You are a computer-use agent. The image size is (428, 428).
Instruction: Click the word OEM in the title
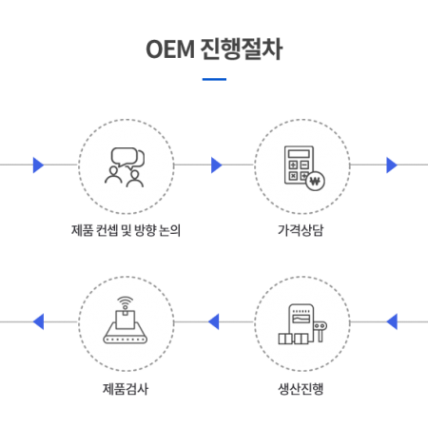coord(170,49)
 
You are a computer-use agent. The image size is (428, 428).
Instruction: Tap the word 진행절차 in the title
coord(241,49)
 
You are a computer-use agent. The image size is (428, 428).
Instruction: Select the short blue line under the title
coord(214,79)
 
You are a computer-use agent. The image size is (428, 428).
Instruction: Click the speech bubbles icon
coord(127,158)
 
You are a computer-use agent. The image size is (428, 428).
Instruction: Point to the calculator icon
coord(300,165)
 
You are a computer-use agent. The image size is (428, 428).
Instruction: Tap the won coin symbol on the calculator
coord(315,181)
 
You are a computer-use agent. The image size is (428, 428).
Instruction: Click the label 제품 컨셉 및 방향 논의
coord(126,230)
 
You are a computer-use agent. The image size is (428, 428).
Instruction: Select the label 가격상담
coord(301,230)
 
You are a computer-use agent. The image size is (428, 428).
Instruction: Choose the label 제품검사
coord(126,389)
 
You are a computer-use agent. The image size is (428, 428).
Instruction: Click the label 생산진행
coord(301,389)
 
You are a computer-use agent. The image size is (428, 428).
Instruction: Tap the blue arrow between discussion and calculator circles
coord(217,165)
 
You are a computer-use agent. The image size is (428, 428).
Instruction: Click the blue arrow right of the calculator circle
coord(392,165)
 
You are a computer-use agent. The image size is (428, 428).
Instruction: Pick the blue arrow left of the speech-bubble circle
coord(38,165)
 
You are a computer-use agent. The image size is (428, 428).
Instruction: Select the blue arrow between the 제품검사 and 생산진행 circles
coord(214,321)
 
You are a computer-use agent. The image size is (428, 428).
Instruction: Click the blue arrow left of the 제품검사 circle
coord(38,321)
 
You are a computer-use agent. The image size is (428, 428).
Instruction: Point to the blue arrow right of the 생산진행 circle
coord(392,321)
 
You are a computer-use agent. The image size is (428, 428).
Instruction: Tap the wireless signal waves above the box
coord(126,302)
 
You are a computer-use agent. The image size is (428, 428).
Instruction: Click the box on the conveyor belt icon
coord(126,320)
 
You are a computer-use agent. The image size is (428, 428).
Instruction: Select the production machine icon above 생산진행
coord(302,324)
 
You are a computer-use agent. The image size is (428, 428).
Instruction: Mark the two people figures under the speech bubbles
coord(125,178)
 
